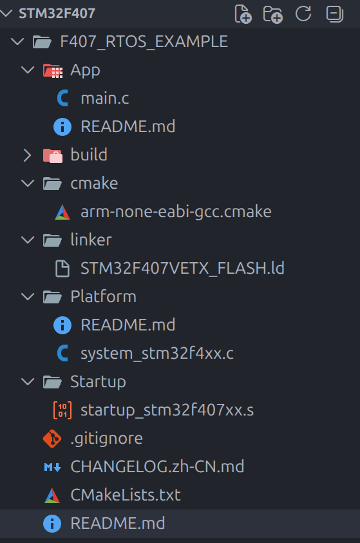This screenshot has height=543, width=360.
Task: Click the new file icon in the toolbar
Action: [243, 14]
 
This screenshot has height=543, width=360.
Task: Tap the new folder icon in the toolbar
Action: [273, 14]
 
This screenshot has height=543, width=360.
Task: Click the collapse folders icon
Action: [335, 14]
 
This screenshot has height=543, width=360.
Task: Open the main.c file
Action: [104, 98]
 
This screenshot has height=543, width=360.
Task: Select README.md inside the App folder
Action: [128, 126]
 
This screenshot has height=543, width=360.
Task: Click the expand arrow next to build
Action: [27, 155]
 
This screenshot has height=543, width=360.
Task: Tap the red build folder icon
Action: [53, 155]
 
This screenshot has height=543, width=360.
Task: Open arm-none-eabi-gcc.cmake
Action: [176, 211]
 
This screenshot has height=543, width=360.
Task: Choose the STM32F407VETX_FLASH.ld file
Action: [182, 269]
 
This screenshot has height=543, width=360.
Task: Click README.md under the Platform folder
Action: [128, 325]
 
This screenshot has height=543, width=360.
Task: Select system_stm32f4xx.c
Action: [156, 353]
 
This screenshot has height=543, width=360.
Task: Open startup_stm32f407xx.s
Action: [167, 410]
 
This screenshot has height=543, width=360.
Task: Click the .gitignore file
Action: [106, 439]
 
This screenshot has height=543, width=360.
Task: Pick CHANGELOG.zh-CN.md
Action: [157, 466]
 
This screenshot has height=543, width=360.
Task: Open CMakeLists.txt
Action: [126, 495]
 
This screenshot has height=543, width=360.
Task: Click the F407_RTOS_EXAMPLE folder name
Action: [144, 42]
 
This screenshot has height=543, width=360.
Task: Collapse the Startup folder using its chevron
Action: [27, 381]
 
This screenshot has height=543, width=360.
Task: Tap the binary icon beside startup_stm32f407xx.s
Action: [62, 410]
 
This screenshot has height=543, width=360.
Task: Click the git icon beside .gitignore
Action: [52, 439]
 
